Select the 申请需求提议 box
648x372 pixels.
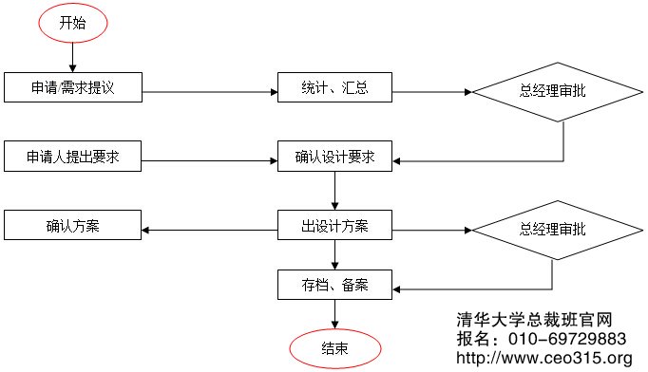click(72, 88)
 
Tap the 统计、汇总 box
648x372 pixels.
click(334, 88)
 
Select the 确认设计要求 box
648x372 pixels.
click(334, 158)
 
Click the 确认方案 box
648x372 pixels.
click(72, 226)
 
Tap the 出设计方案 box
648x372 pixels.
click(334, 227)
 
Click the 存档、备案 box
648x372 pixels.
click(334, 284)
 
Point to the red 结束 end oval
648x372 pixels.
click(334, 348)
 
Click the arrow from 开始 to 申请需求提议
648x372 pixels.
click(73, 59)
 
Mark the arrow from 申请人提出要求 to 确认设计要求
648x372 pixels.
click(209, 158)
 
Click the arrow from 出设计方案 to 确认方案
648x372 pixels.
click(209, 228)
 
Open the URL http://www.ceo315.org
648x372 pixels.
click(544, 358)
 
